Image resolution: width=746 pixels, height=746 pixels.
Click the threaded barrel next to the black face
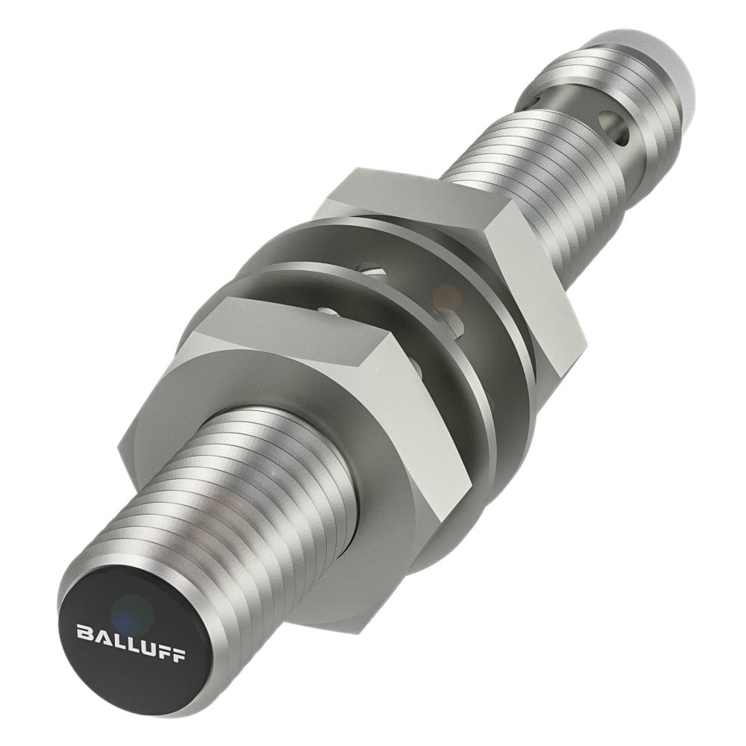(246, 492)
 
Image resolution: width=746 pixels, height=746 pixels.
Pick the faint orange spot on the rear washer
(448, 295)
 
